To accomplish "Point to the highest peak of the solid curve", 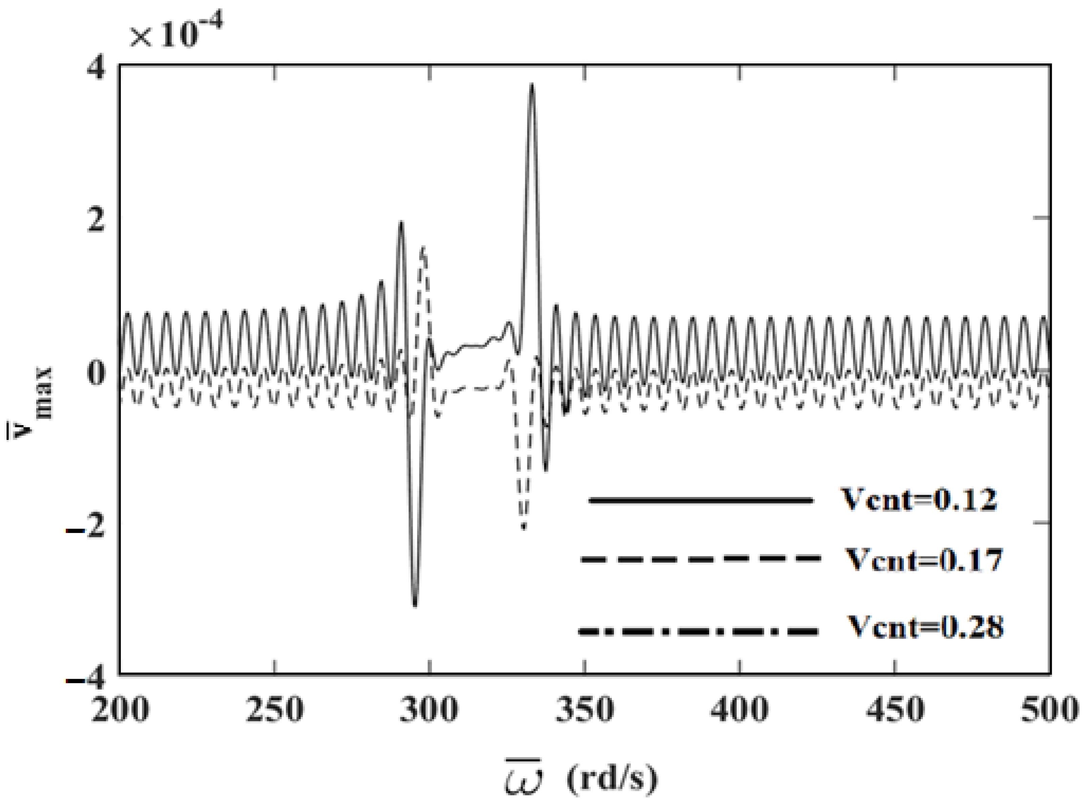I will (532, 86).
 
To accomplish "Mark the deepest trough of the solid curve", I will (415, 605).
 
